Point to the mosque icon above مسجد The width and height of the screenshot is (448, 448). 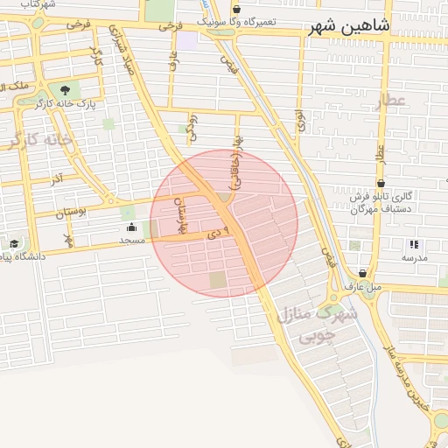pos(131,227)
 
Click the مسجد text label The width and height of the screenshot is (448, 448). pos(131,240)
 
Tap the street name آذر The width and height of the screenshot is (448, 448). pos(56,178)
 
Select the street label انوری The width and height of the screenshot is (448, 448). pos(300,120)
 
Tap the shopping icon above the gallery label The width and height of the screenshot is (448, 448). pos(381,183)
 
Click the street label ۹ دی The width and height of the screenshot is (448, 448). pos(206,233)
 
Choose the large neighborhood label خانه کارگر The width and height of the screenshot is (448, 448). pos(39,140)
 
